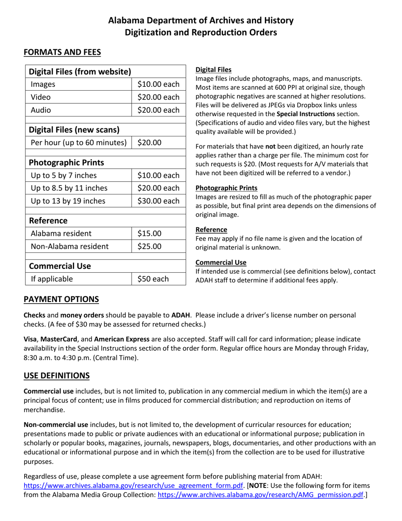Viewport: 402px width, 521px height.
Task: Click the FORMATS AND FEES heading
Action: (x=62, y=52)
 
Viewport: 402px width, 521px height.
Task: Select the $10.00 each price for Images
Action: (x=158, y=84)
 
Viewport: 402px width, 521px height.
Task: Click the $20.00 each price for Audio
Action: (x=158, y=110)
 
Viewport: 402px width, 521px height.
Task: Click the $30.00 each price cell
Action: (x=158, y=201)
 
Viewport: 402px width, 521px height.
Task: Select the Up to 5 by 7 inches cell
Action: (x=64, y=175)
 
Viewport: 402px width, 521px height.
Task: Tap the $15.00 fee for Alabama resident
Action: (x=149, y=233)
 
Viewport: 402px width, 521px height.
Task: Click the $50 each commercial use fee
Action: (x=153, y=278)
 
